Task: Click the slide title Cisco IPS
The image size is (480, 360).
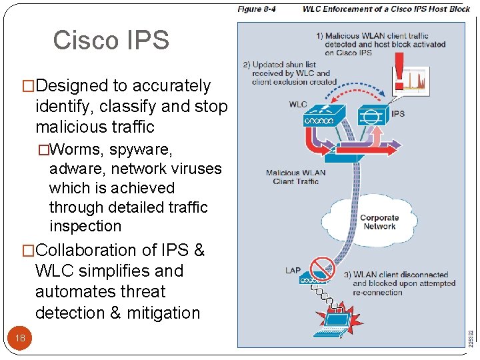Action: pyautogui.click(x=111, y=40)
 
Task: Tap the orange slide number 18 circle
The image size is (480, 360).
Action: pyautogui.click(x=21, y=338)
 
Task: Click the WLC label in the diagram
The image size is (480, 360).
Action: pyautogui.click(x=298, y=105)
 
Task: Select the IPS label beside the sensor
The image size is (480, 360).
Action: pyautogui.click(x=398, y=114)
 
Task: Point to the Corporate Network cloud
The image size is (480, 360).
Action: pyautogui.click(x=379, y=222)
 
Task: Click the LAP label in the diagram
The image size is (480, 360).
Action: pyautogui.click(x=293, y=271)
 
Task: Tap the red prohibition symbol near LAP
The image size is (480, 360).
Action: pyautogui.click(x=323, y=268)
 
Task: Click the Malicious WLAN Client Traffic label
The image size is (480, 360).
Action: pyautogui.click(x=296, y=177)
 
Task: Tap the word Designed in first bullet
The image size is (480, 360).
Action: pyautogui.click(x=72, y=85)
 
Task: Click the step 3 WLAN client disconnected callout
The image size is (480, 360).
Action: pyautogui.click(x=400, y=283)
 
